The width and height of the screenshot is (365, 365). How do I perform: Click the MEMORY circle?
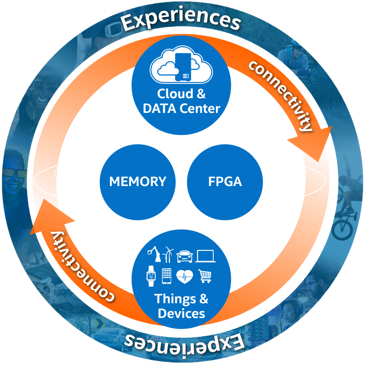point(138,182)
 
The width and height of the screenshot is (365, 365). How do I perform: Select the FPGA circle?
point(225,182)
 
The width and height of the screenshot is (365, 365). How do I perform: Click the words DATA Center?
point(181,108)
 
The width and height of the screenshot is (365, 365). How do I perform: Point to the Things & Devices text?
point(181,306)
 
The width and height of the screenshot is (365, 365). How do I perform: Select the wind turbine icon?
point(168,254)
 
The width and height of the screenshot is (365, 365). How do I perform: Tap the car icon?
point(185,255)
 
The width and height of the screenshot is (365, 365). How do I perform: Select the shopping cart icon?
point(204,276)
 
